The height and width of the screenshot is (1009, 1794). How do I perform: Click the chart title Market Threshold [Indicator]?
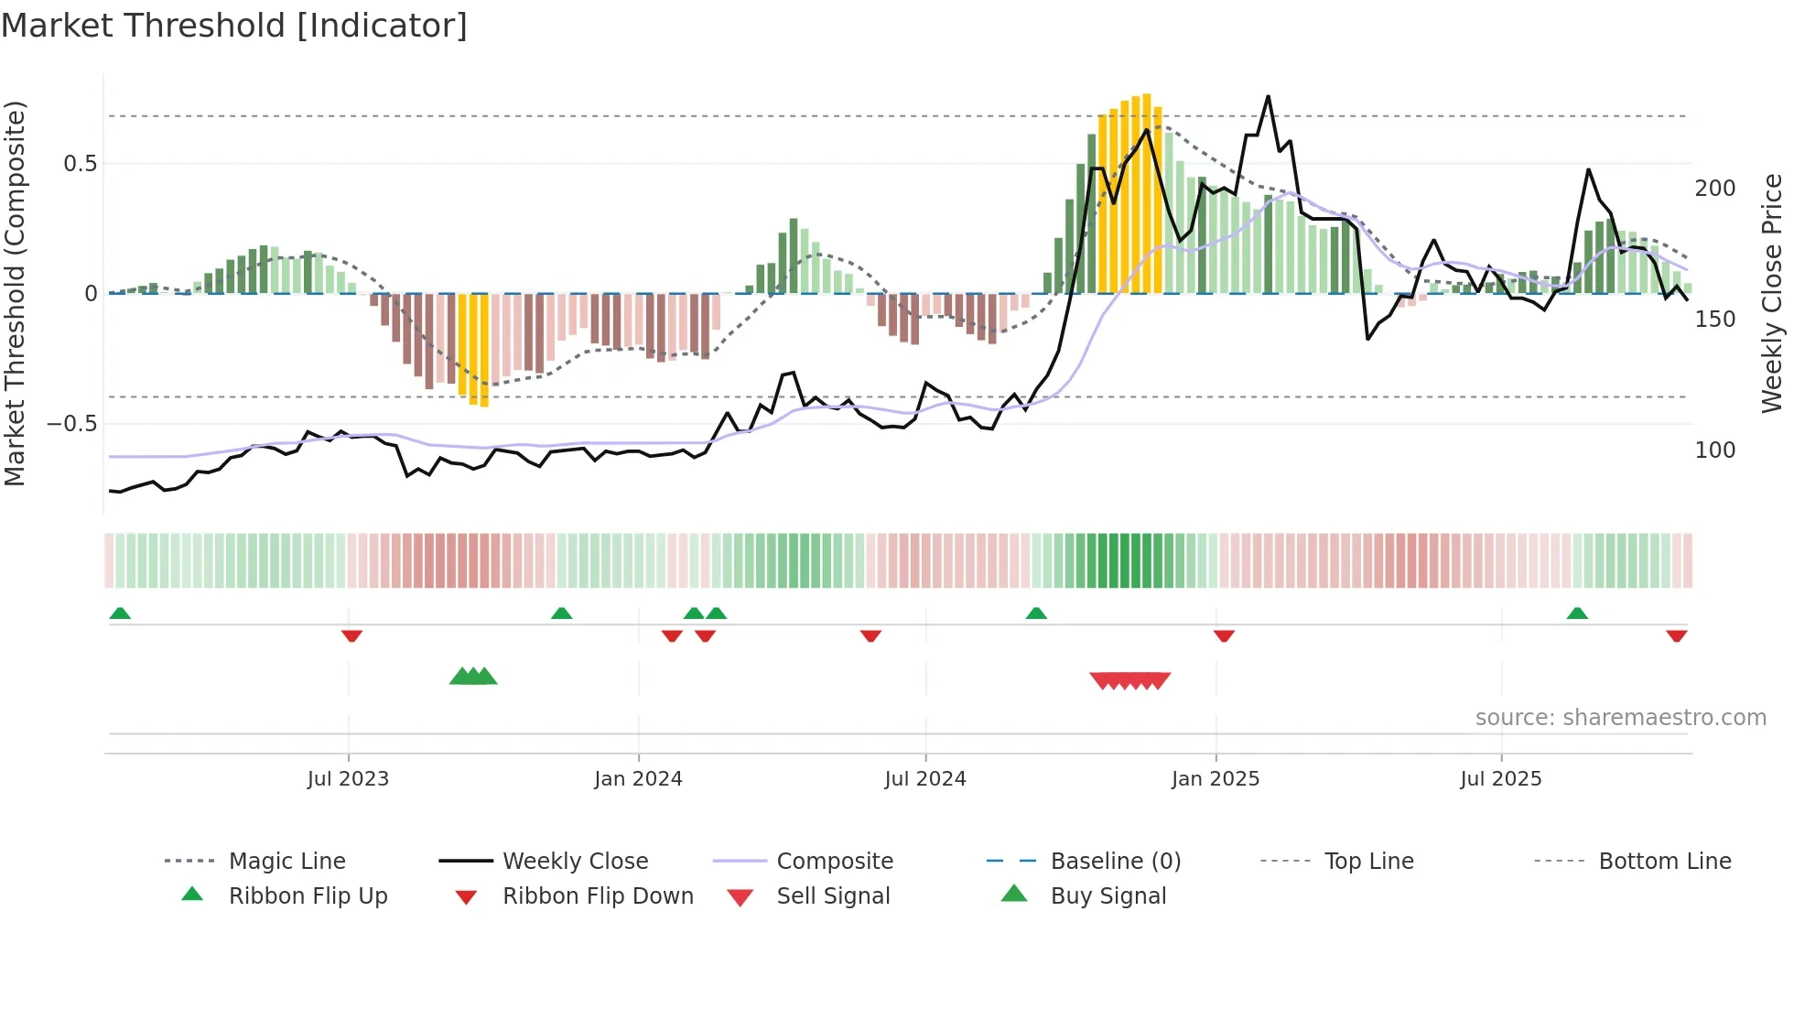[234, 26]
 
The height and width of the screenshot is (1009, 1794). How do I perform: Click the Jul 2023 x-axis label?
[348, 778]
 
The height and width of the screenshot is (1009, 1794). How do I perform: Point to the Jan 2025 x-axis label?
[1216, 778]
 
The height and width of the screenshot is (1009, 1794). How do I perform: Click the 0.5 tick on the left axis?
[81, 164]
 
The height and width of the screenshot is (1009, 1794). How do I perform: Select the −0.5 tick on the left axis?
[72, 424]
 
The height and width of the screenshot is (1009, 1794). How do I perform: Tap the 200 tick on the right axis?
[1714, 189]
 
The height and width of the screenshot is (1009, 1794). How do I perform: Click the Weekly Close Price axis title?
[1772, 293]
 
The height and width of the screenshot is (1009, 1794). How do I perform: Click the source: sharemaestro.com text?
[1620, 718]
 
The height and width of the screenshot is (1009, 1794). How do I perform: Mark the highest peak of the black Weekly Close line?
[1268, 97]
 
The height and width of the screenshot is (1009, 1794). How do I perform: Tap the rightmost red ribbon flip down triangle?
[1676, 636]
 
